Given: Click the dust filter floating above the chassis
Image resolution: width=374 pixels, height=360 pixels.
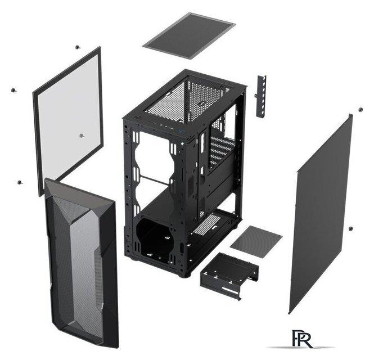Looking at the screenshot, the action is (x=189, y=35).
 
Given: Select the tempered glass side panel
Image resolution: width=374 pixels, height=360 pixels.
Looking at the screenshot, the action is (x=68, y=120).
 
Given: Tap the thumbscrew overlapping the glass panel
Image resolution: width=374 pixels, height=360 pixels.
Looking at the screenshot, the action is (x=82, y=136).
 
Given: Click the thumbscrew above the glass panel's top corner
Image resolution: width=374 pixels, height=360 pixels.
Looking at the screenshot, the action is (x=77, y=47).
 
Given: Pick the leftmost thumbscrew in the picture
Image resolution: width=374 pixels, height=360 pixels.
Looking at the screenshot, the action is (x=14, y=90).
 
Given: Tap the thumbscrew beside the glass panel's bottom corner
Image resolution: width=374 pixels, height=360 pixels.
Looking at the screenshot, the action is (x=20, y=182).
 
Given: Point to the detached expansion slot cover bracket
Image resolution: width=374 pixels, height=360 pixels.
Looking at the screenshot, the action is (x=261, y=96).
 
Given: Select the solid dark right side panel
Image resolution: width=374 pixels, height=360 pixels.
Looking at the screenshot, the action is (x=321, y=214).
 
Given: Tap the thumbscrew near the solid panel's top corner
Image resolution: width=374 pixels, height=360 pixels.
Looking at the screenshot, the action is (x=361, y=110).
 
